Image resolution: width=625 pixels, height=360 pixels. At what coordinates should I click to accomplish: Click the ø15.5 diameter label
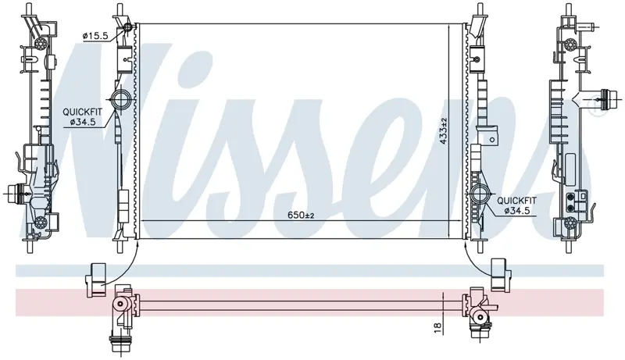[95, 36]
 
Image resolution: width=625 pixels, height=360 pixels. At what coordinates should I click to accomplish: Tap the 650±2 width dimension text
[302, 215]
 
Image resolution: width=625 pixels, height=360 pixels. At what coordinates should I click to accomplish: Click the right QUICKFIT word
[516, 201]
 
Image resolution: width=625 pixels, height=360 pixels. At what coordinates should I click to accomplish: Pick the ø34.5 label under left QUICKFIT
[83, 123]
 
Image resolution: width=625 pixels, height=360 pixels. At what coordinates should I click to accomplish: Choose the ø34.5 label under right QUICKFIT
[517, 211]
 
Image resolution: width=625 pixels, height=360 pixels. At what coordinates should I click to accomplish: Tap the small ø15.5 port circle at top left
[128, 27]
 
